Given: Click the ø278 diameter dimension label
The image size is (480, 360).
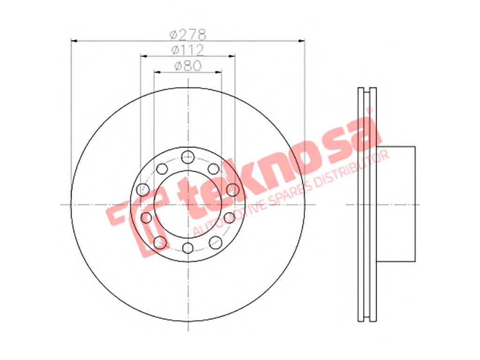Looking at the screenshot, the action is click(x=188, y=35).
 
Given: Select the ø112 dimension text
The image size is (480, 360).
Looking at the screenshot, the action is click(x=187, y=50).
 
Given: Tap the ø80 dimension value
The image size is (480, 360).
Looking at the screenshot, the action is click(x=188, y=65).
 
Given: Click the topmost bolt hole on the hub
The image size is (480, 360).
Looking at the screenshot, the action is click(x=187, y=157).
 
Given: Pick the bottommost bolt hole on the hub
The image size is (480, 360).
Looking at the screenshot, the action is click(x=187, y=247).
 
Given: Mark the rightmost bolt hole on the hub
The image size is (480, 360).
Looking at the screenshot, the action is click(x=232, y=189).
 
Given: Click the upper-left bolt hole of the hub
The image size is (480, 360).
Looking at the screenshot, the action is click(x=162, y=169).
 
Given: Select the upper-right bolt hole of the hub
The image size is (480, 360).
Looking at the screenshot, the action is click(x=214, y=169).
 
